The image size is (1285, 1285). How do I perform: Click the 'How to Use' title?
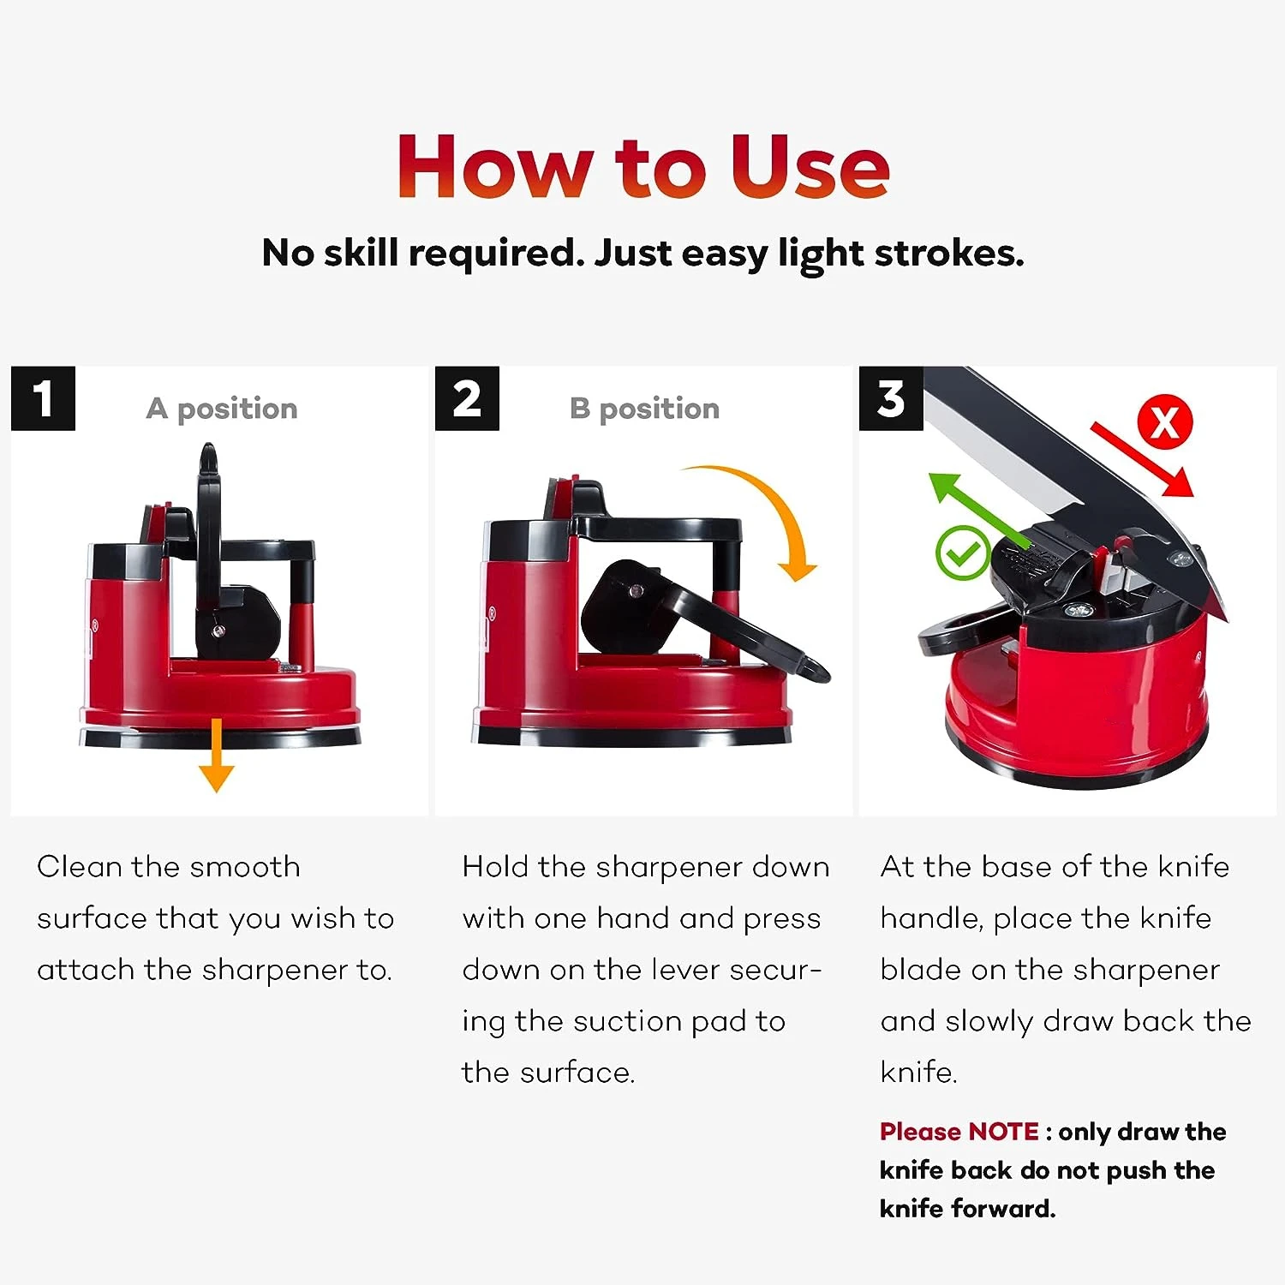pos(643,166)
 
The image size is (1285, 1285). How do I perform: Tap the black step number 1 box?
pos(43,398)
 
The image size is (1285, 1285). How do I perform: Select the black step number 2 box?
pos(467,398)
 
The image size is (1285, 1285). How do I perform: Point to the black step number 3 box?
pos(891,398)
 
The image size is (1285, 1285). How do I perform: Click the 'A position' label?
pos(222,409)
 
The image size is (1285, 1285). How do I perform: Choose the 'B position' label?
pos(644,409)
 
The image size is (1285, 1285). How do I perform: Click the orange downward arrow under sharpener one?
pos(216,755)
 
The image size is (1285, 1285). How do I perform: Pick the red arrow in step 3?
pos(1142,459)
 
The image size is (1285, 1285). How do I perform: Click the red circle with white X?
pos(1164,422)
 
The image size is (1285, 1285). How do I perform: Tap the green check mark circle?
pos(963,553)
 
